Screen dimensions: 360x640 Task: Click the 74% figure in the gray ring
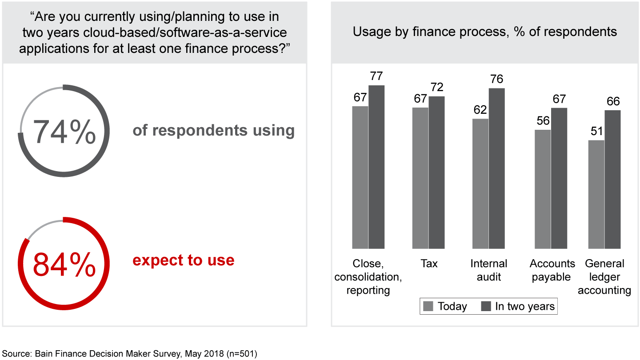point(64,132)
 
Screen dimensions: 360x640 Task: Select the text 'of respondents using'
point(213,130)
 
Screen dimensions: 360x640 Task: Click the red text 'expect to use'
point(183,260)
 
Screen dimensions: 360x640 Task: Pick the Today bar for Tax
point(420,178)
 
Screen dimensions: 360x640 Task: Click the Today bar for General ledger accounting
point(596,194)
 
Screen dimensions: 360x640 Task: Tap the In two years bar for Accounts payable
point(559,178)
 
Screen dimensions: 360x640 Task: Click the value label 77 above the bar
point(376,76)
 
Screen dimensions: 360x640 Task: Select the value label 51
point(596,132)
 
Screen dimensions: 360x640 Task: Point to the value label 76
point(496,79)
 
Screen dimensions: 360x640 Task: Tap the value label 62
point(480,110)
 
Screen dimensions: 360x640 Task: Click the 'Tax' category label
point(428,264)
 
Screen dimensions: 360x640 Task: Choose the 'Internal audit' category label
point(488,270)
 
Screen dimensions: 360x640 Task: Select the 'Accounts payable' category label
point(551,270)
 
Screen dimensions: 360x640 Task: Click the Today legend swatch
point(428,306)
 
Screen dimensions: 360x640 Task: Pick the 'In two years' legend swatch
point(486,306)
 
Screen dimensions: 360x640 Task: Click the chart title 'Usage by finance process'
point(485,32)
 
